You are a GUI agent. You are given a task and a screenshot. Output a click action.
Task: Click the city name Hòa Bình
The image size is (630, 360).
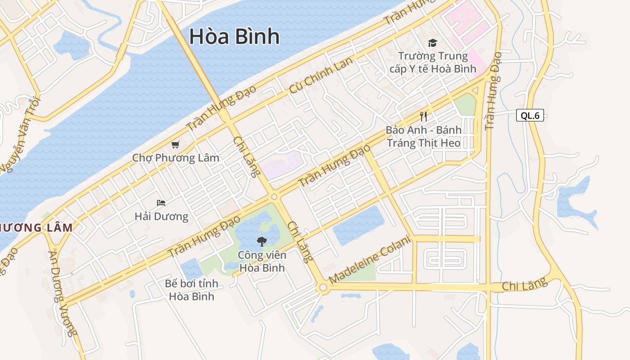click(234, 36)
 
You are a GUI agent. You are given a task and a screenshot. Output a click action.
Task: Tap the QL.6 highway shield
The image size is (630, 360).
click(530, 115)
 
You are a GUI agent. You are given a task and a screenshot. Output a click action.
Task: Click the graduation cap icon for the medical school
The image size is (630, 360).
click(432, 43)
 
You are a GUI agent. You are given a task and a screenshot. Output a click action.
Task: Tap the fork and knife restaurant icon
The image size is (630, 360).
click(423, 117)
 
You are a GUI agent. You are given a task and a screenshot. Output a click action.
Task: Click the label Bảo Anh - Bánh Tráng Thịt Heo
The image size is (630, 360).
click(423, 136)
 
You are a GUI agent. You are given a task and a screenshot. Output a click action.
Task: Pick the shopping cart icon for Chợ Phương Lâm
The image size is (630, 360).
click(175, 144)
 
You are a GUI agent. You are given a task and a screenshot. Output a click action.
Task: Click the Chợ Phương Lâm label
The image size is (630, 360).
click(175, 158)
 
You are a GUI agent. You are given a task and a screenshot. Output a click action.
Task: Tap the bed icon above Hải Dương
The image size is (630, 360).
click(161, 203)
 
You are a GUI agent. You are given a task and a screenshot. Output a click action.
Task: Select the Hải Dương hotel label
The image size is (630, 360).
click(161, 216)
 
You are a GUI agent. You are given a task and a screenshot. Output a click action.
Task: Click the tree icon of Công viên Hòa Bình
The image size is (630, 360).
click(261, 242)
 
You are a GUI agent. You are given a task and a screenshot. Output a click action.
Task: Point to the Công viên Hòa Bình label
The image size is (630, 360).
click(261, 261)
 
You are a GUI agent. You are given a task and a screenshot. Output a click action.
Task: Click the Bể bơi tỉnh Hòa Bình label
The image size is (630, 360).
click(192, 290)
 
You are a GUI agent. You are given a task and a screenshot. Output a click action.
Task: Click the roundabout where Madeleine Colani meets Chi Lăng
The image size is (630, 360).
click(322, 288)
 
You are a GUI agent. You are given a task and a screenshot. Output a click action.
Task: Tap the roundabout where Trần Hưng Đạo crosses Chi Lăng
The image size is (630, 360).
click(274, 197)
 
